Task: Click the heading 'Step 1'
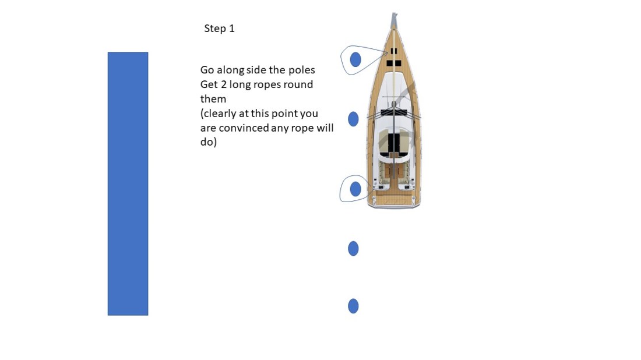[219, 29]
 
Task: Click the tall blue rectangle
[128, 183]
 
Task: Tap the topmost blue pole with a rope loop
[355, 59]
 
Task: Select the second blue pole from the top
[353, 119]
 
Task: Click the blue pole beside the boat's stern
[355, 189]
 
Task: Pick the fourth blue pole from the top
[353, 249]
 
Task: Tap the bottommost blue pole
[353, 306]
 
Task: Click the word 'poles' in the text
[301, 70]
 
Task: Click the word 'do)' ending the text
[208, 142]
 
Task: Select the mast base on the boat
[394, 104]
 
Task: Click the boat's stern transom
[394, 203]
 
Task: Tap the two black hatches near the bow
[394, 63]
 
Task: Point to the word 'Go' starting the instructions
[207, 70]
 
